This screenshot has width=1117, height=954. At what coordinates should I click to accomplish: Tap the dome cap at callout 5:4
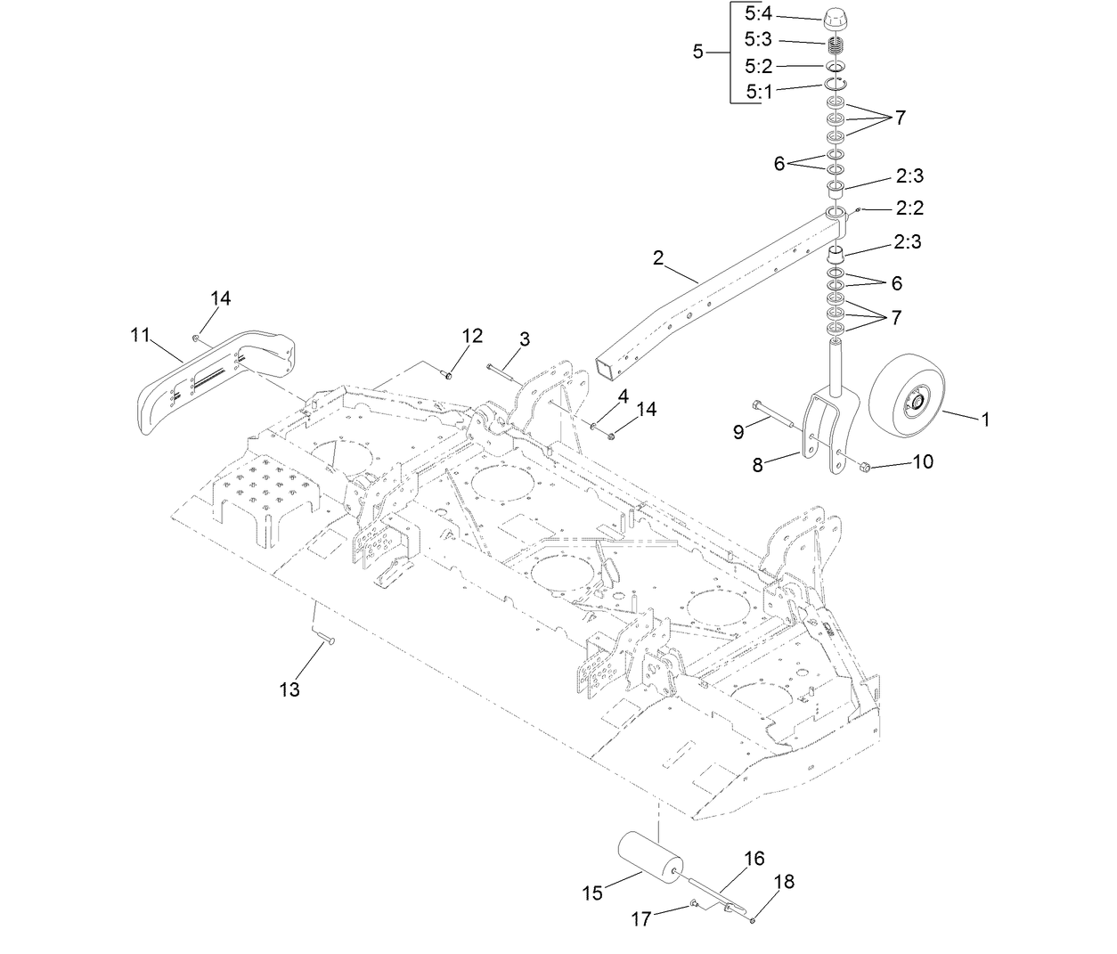(835, 17)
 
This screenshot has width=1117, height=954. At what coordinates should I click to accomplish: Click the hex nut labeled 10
(863, 466)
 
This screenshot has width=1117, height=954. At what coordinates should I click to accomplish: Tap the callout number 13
(289, 689)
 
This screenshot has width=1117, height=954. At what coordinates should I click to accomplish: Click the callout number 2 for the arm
(658, 257)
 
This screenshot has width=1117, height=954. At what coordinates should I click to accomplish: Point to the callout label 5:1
(760, 91)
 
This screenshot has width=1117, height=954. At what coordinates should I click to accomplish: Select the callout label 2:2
(909, 208)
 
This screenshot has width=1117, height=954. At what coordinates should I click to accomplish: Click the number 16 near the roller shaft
(754, 859)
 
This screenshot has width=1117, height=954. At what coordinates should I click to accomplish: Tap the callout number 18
(784, 882)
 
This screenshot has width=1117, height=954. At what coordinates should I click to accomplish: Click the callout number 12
(472, 335)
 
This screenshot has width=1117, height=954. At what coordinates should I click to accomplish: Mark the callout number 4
(623, 395)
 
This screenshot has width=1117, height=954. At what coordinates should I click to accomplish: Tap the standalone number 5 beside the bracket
(697, 52)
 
